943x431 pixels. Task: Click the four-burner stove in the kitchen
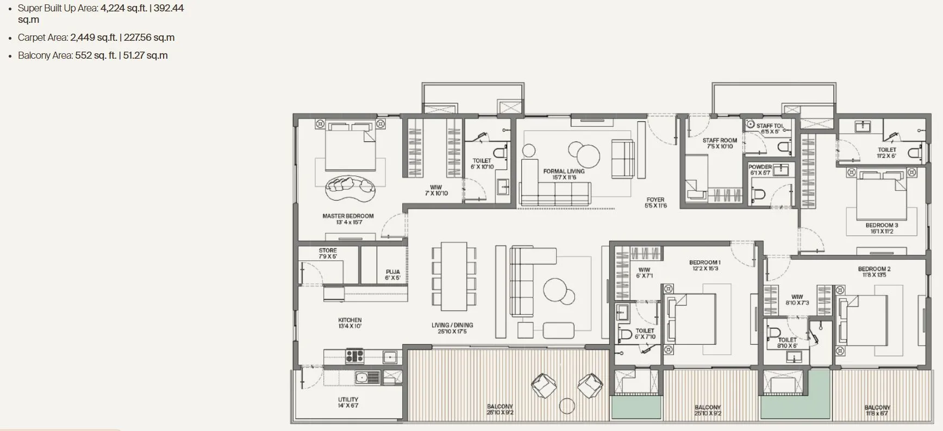(x=355, y=357)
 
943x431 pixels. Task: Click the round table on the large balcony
(x=567, y=406)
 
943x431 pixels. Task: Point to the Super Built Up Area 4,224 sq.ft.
(x=123, y=8)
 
